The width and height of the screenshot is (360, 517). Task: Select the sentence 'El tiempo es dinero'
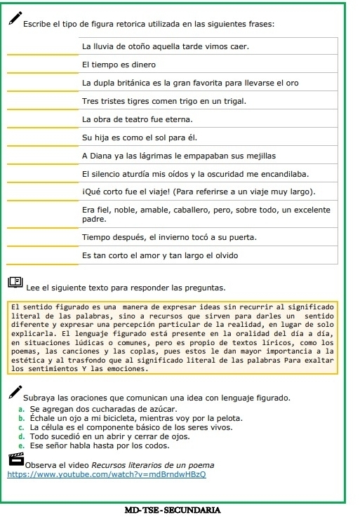(116, 65)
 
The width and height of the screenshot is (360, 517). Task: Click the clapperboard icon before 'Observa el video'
(15, 460)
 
